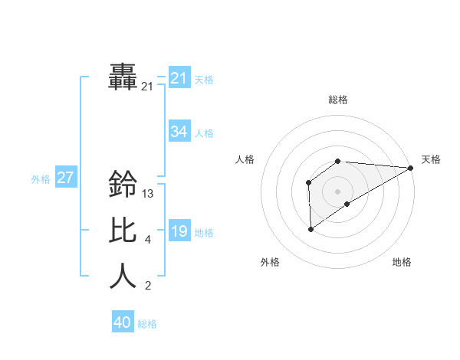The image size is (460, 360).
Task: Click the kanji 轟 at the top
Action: pyautogui.click(x=123, y=77)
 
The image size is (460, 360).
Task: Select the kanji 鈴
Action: pyautogui.click(x=123, y=184)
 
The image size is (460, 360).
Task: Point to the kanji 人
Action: pyautogui.click(x=123, y=277)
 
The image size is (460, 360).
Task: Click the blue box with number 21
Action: pyautogui.click(x=179, y=78)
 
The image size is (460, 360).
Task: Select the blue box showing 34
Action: pyautogui.click(x=179, y=132)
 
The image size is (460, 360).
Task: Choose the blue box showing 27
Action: pyautogui.click(x=66, y=178)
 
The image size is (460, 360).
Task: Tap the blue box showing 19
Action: pyautogui.click(x=179, y=231)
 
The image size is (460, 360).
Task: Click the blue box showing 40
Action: pyautogui.click(x=123, y=322)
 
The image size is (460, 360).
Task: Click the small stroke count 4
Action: pyautogui.click(x=147, y=241)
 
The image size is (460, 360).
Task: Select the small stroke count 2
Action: pyautogui.click(x=147, y=286)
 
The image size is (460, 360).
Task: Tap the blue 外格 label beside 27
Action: pyautogui.click(x=41, y=179)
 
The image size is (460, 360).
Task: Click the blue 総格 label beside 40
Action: pyautogui.click(x=147, y=324)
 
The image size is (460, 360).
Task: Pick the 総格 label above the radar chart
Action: pyautogui.click(x=337, y=100)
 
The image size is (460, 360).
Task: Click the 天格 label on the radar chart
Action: pyautogui.click(x=431, y=159)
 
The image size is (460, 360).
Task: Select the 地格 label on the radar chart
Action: pyautogui.click(x=402, y=262)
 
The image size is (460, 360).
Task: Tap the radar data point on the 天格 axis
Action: pyautogui.click(x=410, y=168)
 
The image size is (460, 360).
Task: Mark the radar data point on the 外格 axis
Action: pyautogui.click(x=310, y=229)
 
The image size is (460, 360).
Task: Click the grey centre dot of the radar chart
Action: pyautogui.click(x=337, y=191)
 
